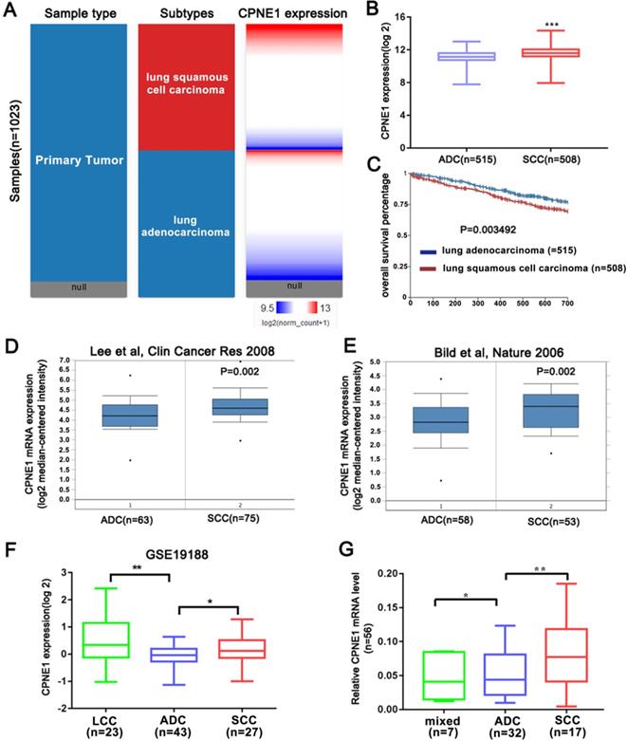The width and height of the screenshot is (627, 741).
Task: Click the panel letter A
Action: [9, 10]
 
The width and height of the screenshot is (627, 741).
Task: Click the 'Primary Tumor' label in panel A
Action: [78, 161]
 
